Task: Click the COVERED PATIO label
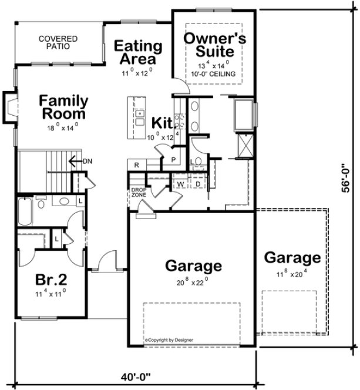(58, 42)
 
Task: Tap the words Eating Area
(138, 52)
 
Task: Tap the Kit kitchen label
(162, 123)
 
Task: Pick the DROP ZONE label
(138, 192)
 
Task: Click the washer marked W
(180, 184)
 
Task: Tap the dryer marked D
(198, 184)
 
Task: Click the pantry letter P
(174, 160)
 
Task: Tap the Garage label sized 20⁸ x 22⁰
(193, 266)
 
